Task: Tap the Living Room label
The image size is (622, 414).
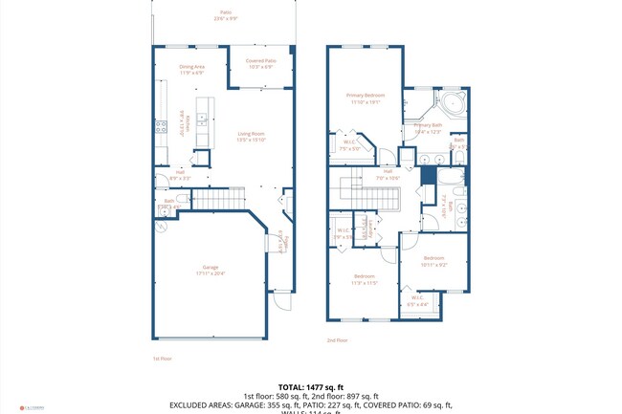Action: pos(251,136)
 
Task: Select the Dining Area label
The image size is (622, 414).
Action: pos(192,69)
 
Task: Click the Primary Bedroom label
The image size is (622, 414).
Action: pos(366,98)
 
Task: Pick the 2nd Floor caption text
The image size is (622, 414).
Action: pos(337,339)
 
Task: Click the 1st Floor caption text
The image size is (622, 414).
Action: pos(163,359)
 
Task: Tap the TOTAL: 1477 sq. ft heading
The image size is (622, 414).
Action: pos(311,385)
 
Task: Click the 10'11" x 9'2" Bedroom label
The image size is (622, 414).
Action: pos(434,261)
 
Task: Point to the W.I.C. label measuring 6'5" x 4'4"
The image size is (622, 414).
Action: pos(417,301)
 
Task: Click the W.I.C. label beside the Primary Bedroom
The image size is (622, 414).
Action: pos(349,146)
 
